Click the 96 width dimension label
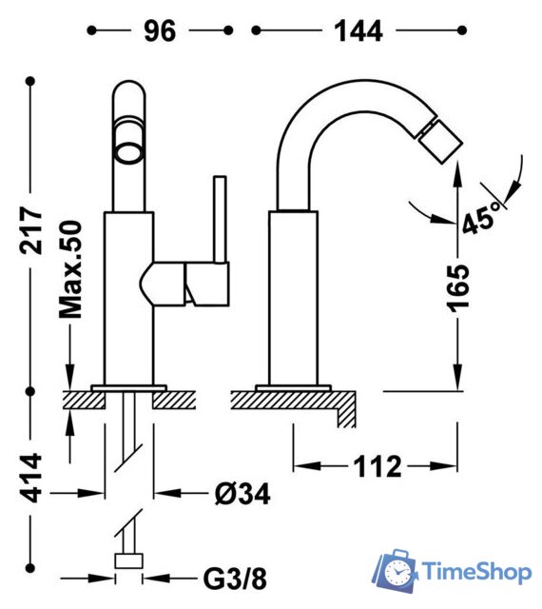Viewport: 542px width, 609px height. [x=160, y=30]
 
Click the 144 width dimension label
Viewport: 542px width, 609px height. [x=358, y=30]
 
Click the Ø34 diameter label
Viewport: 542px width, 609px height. [x=240, y=494]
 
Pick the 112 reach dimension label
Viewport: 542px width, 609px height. [x=377, y=466]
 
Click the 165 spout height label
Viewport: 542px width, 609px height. [x=458, y=285]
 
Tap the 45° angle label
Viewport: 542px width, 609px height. [x=480, y=221]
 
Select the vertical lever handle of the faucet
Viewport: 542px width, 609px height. [x=221, y=219]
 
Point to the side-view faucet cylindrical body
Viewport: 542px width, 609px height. [x=294, y=295]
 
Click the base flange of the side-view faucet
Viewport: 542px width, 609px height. [x=294, y=387]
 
